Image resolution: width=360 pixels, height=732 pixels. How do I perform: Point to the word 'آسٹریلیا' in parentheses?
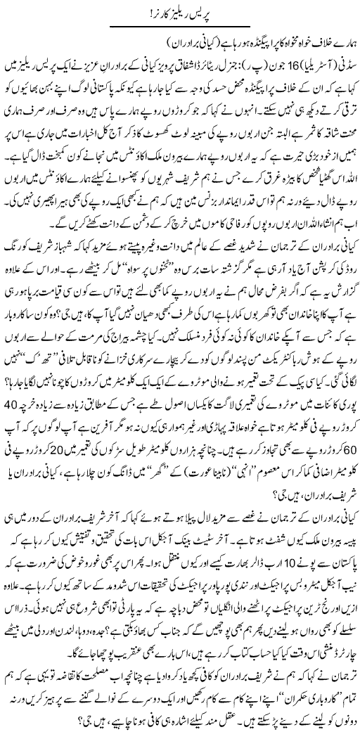point(304,70)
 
